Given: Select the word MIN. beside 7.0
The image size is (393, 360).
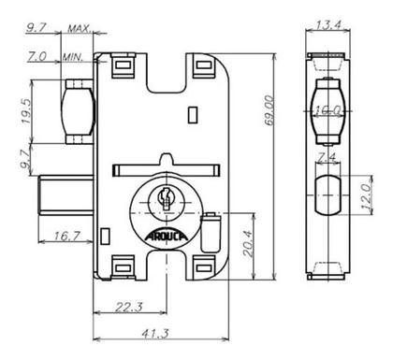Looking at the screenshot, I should [x=74, y=56].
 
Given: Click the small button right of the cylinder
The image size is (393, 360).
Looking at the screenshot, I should [x=211, y=227].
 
